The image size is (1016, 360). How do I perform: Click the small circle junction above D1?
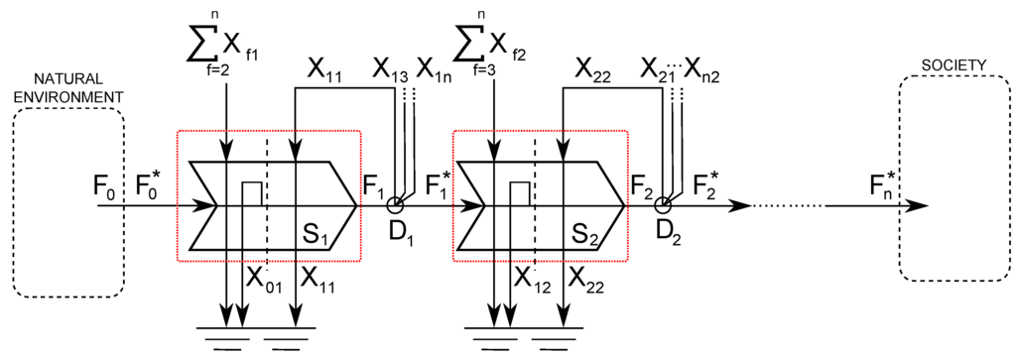point(395,205)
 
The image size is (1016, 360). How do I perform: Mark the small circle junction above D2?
point(663,205)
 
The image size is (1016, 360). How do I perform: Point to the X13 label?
point(390,68)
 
